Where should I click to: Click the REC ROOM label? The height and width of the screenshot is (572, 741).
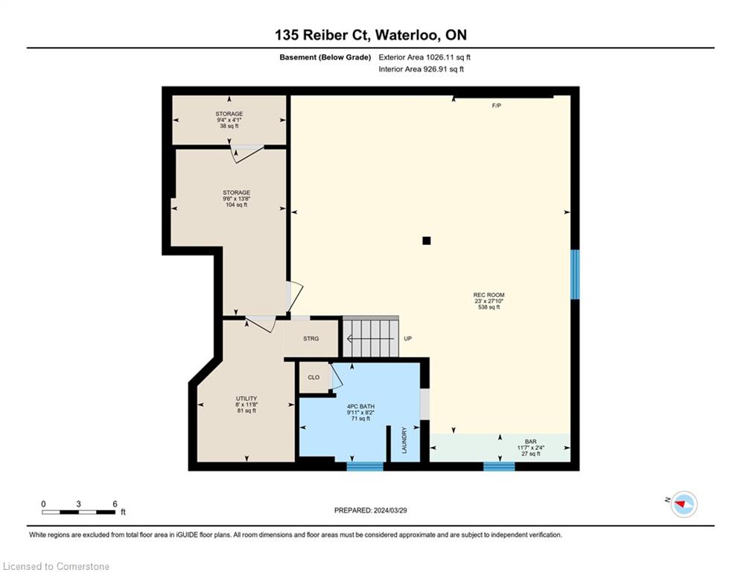click(489, 295)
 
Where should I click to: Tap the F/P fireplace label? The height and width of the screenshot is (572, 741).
click(496, 106)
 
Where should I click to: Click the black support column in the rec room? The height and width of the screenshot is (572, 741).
click(426, 241)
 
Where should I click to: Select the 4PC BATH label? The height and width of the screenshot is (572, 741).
click(360, 407)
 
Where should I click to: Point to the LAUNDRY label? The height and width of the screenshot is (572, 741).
click(404, 440)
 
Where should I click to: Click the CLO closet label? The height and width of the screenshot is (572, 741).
click(314, 377)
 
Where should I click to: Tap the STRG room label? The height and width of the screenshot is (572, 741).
click(311, 338)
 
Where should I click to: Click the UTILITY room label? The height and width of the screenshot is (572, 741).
click(247, 398)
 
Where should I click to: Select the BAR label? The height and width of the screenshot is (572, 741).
click(531, 442)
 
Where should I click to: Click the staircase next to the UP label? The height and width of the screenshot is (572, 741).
click(371, 337)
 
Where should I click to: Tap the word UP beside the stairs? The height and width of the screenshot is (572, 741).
click(408, 338)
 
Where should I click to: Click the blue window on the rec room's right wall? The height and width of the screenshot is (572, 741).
click(575, 275)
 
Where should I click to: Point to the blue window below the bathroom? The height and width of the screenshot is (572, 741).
click(365, 466)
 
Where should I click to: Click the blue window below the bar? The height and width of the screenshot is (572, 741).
click(499, 466)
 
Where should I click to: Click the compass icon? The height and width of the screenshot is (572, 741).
click(684, 504)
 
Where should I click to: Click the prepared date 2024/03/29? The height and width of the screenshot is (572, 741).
click(390, 510)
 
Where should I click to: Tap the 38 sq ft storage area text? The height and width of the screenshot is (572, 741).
click(229, 126)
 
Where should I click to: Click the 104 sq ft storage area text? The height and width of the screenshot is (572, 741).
click(236, 205)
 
